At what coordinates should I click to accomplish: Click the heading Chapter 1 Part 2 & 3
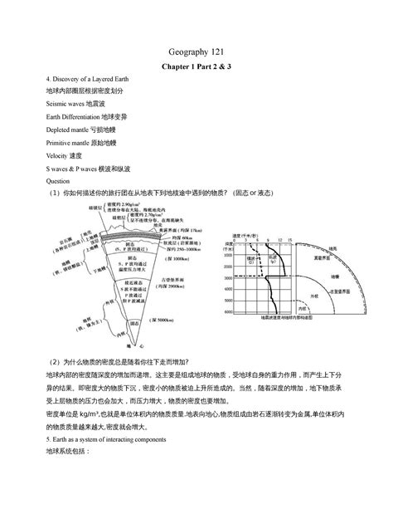pyautogui.click(x=196, y=67)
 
